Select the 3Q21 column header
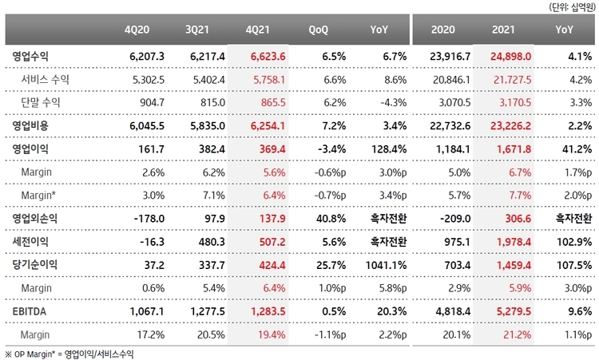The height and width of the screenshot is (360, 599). tap(199, 30)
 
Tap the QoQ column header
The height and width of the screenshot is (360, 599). tap(323, 30)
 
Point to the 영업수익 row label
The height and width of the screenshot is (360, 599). tap(31, 57)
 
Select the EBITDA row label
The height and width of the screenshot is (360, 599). tap(31, 307)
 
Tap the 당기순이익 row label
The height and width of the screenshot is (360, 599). tap(36, 263)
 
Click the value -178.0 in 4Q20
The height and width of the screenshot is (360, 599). tap(149, 217)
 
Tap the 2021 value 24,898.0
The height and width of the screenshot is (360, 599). tap(510, 57)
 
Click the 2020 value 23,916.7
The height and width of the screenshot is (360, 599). tap(445, 57)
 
